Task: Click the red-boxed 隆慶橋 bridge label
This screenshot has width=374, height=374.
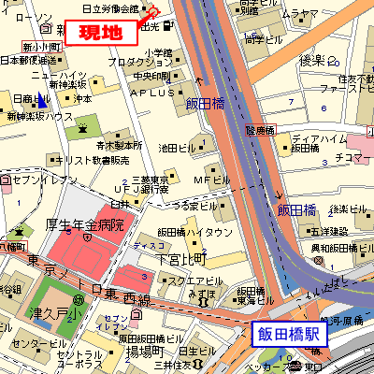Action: pyautogui.click(x=263, y=131)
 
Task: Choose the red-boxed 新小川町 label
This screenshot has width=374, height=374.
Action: pyautogui.click(x=42, y=46)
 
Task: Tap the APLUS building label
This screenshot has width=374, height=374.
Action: pyautogui.click(x=152, y=93)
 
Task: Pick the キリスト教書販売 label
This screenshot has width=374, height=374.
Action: pyautogui.click(x=85, y=160)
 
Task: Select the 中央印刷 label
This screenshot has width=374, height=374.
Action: pyautogui.click(x=151, y=76)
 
